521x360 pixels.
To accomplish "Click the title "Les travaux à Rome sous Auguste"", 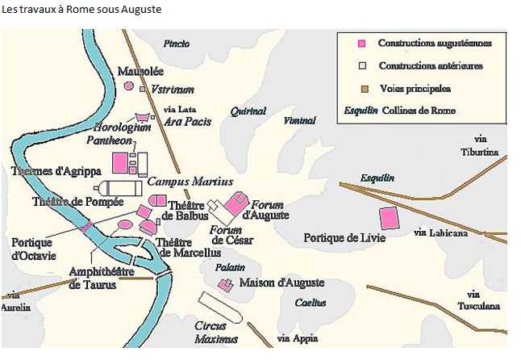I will pyautogui.click(x=81, y=10).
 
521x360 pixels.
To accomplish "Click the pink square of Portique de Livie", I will pyautogui.click(x=389, y=219).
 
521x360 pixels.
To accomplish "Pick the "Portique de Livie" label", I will pyautogui.click(x=344, y=238).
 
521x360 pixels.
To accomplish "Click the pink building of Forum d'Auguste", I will pyautogui.click(x=236, y=203).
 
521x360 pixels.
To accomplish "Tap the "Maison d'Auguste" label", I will pyautogui.click(x=281, y=283).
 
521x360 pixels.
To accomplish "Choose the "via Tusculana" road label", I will pyautogui.click(x=484, y=300).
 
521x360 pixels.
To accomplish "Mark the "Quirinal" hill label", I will pyautogui.click(x=247, y=112).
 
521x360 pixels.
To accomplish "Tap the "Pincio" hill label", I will pyautogui.click(x=177, y=44).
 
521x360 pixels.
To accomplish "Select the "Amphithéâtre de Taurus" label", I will pyautogui.click(x=101, y=278).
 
